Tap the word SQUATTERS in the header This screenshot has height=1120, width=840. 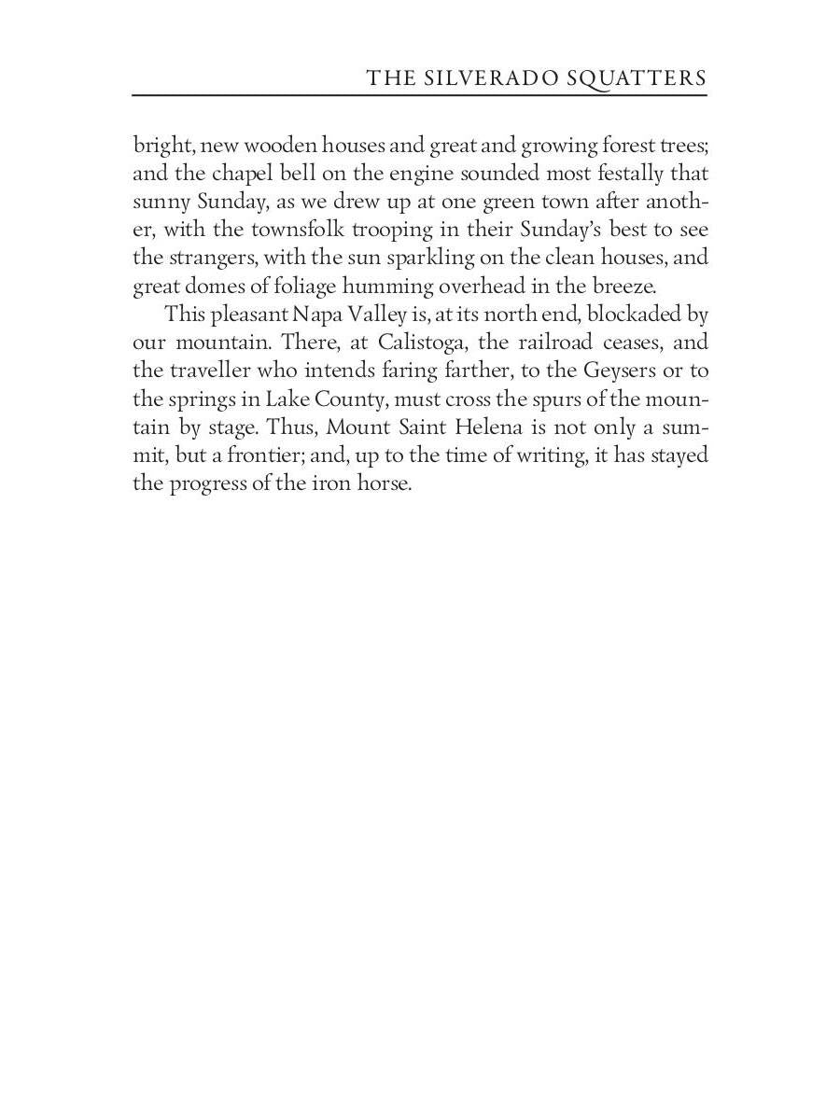637,78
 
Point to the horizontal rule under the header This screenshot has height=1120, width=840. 419,95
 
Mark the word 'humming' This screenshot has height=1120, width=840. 380,287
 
